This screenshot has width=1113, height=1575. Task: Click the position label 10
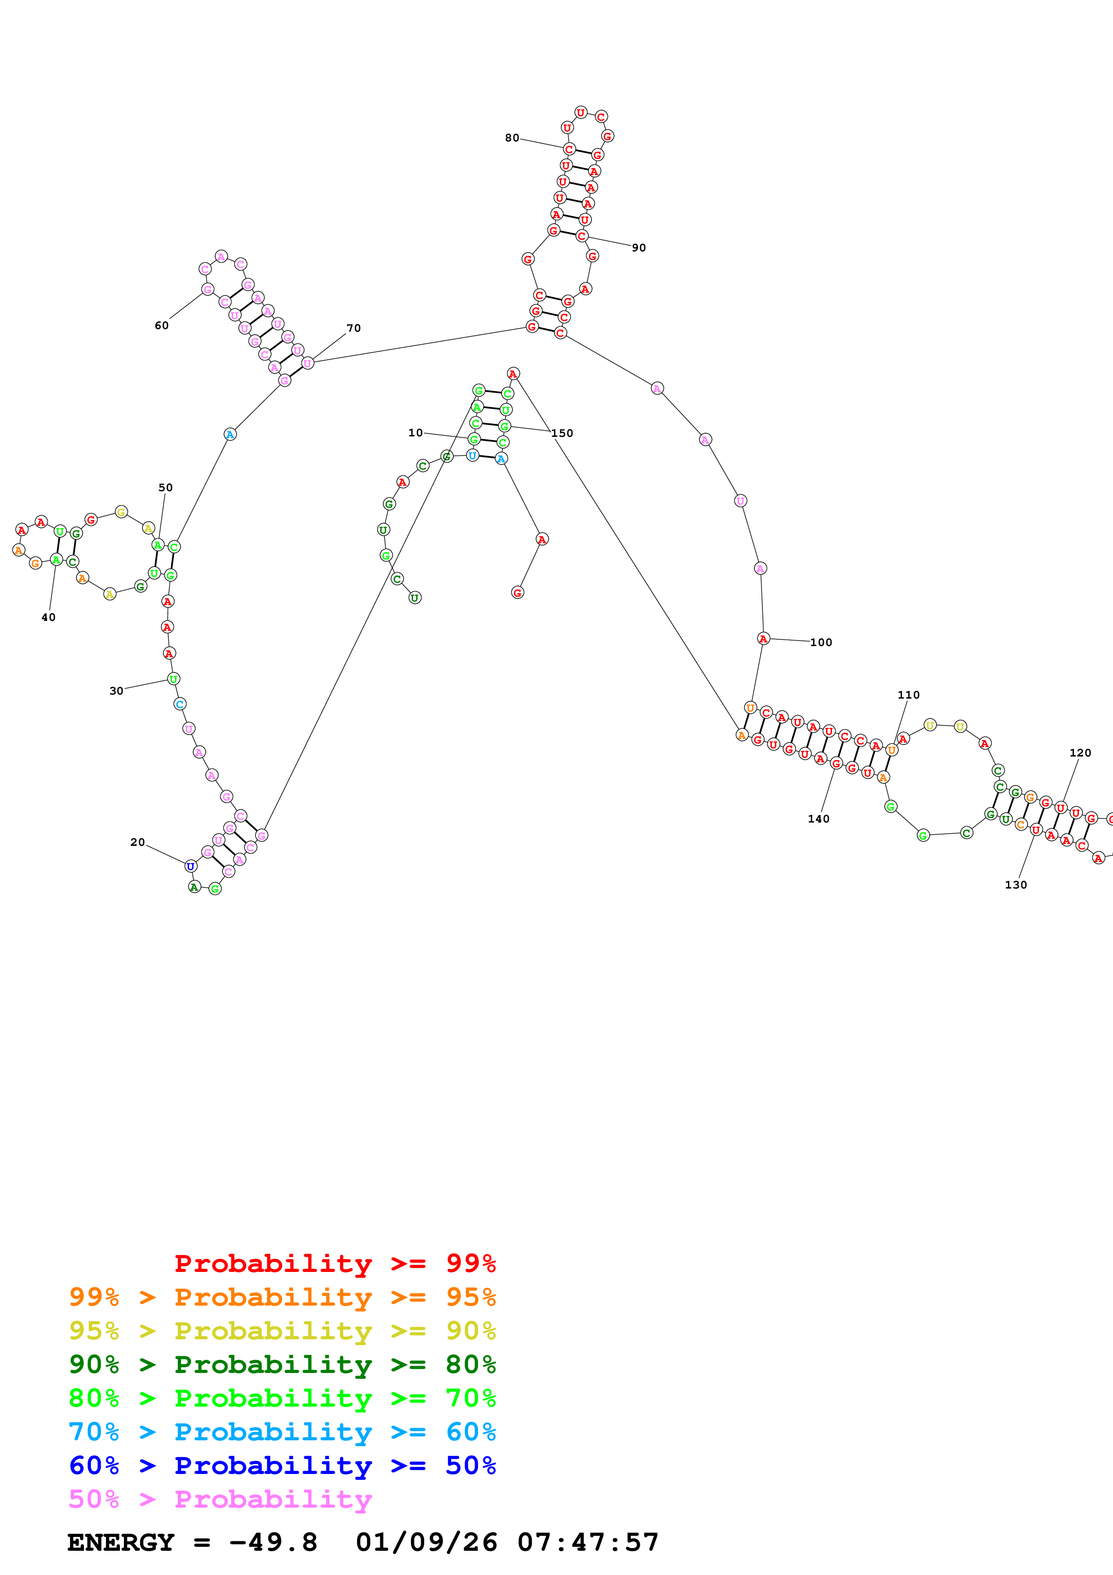(416, 433)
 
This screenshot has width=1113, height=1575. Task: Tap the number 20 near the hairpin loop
(138, 842)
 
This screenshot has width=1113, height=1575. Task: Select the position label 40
(48, 617)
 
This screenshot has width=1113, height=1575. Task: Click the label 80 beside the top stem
(512, 138)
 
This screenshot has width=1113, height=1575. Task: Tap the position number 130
(1016, 885)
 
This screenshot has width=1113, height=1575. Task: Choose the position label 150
(562, 434)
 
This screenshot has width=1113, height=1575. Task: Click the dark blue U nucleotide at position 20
(191, 867)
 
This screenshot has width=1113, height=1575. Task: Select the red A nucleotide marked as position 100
(763, 638)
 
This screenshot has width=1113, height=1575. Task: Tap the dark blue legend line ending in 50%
(282, 1465)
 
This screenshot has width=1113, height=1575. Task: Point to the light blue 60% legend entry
(282, 1432)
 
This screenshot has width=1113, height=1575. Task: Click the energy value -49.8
(273, 1542)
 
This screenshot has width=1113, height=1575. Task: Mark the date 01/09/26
(427, 1542)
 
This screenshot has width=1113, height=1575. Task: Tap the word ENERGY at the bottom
(121, 1542)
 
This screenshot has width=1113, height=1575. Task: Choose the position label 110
(909, 695)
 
